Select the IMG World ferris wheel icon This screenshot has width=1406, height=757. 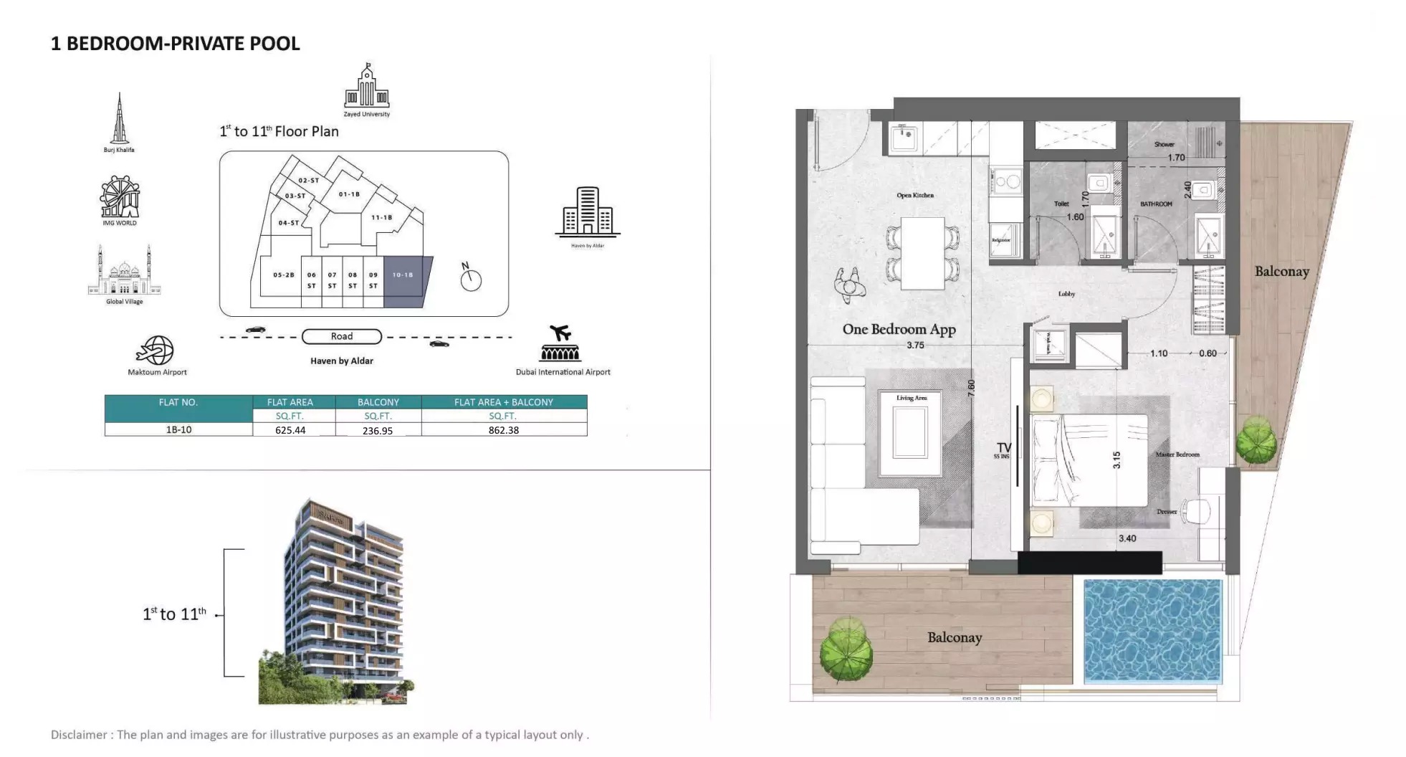point(120,196)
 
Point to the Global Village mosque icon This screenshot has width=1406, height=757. point(124,270)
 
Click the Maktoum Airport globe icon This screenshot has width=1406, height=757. point(156,350)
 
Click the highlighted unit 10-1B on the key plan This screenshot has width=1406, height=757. point(406,281)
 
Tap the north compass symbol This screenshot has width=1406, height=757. point(470,278)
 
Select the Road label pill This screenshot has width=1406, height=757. point(342,336)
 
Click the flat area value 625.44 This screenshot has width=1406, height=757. point(290,430)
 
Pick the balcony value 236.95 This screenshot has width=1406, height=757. point(378,431)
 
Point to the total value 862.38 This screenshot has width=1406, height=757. point(504,430)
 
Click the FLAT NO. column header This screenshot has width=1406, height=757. point(178,402)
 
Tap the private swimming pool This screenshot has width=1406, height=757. point(1152,631)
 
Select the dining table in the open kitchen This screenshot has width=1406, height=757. point(922,252)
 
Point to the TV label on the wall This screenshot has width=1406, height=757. point(1003,447)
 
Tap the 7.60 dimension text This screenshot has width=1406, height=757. point(971,389)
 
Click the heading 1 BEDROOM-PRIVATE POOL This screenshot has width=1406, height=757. point(176,44)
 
